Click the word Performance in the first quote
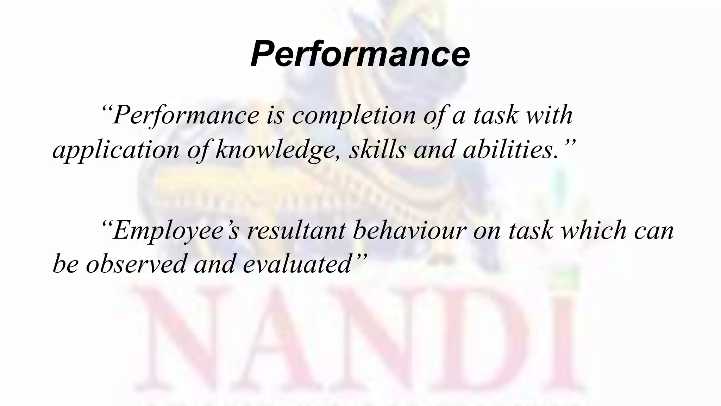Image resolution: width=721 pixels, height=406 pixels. coord(186,116)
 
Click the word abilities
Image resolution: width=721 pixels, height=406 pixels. coord(510,149)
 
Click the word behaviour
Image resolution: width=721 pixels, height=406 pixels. coord(408,231)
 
